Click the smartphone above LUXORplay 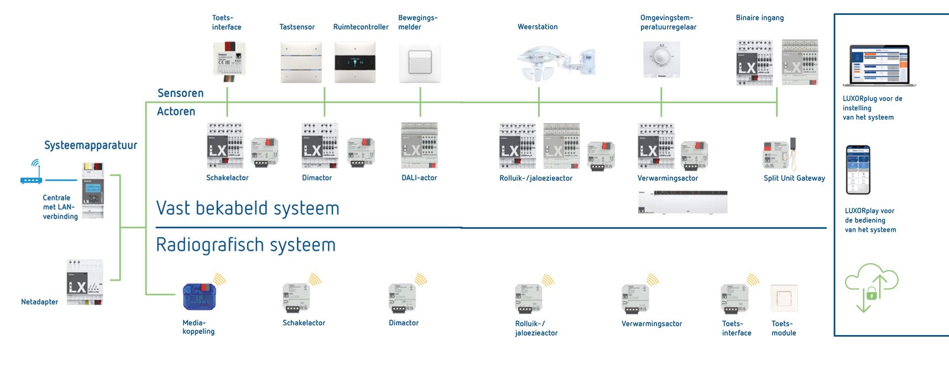click(x=858, y=170)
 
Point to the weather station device click(x=555, y=62)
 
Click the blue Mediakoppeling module click(x=199, y=296)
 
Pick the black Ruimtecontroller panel click(x=355, y=62)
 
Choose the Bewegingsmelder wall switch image click(x=420, y=62)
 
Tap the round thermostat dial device click(x=661, y=59)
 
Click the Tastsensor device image click(x=301, y=62)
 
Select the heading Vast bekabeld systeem click(x=247, y=209)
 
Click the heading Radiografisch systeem click(x=246, y=244)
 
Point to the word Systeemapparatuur click(x=91, y=145)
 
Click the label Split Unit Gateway click(x=794, y=178)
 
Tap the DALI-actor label click(x=419, y=178)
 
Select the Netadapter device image click(x=85, y=282)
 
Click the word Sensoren click(x=180, y=93)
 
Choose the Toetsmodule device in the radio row click(x=784, y=299)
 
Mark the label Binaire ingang click(x=759, y=18)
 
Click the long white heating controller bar click(x=683, y=202)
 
